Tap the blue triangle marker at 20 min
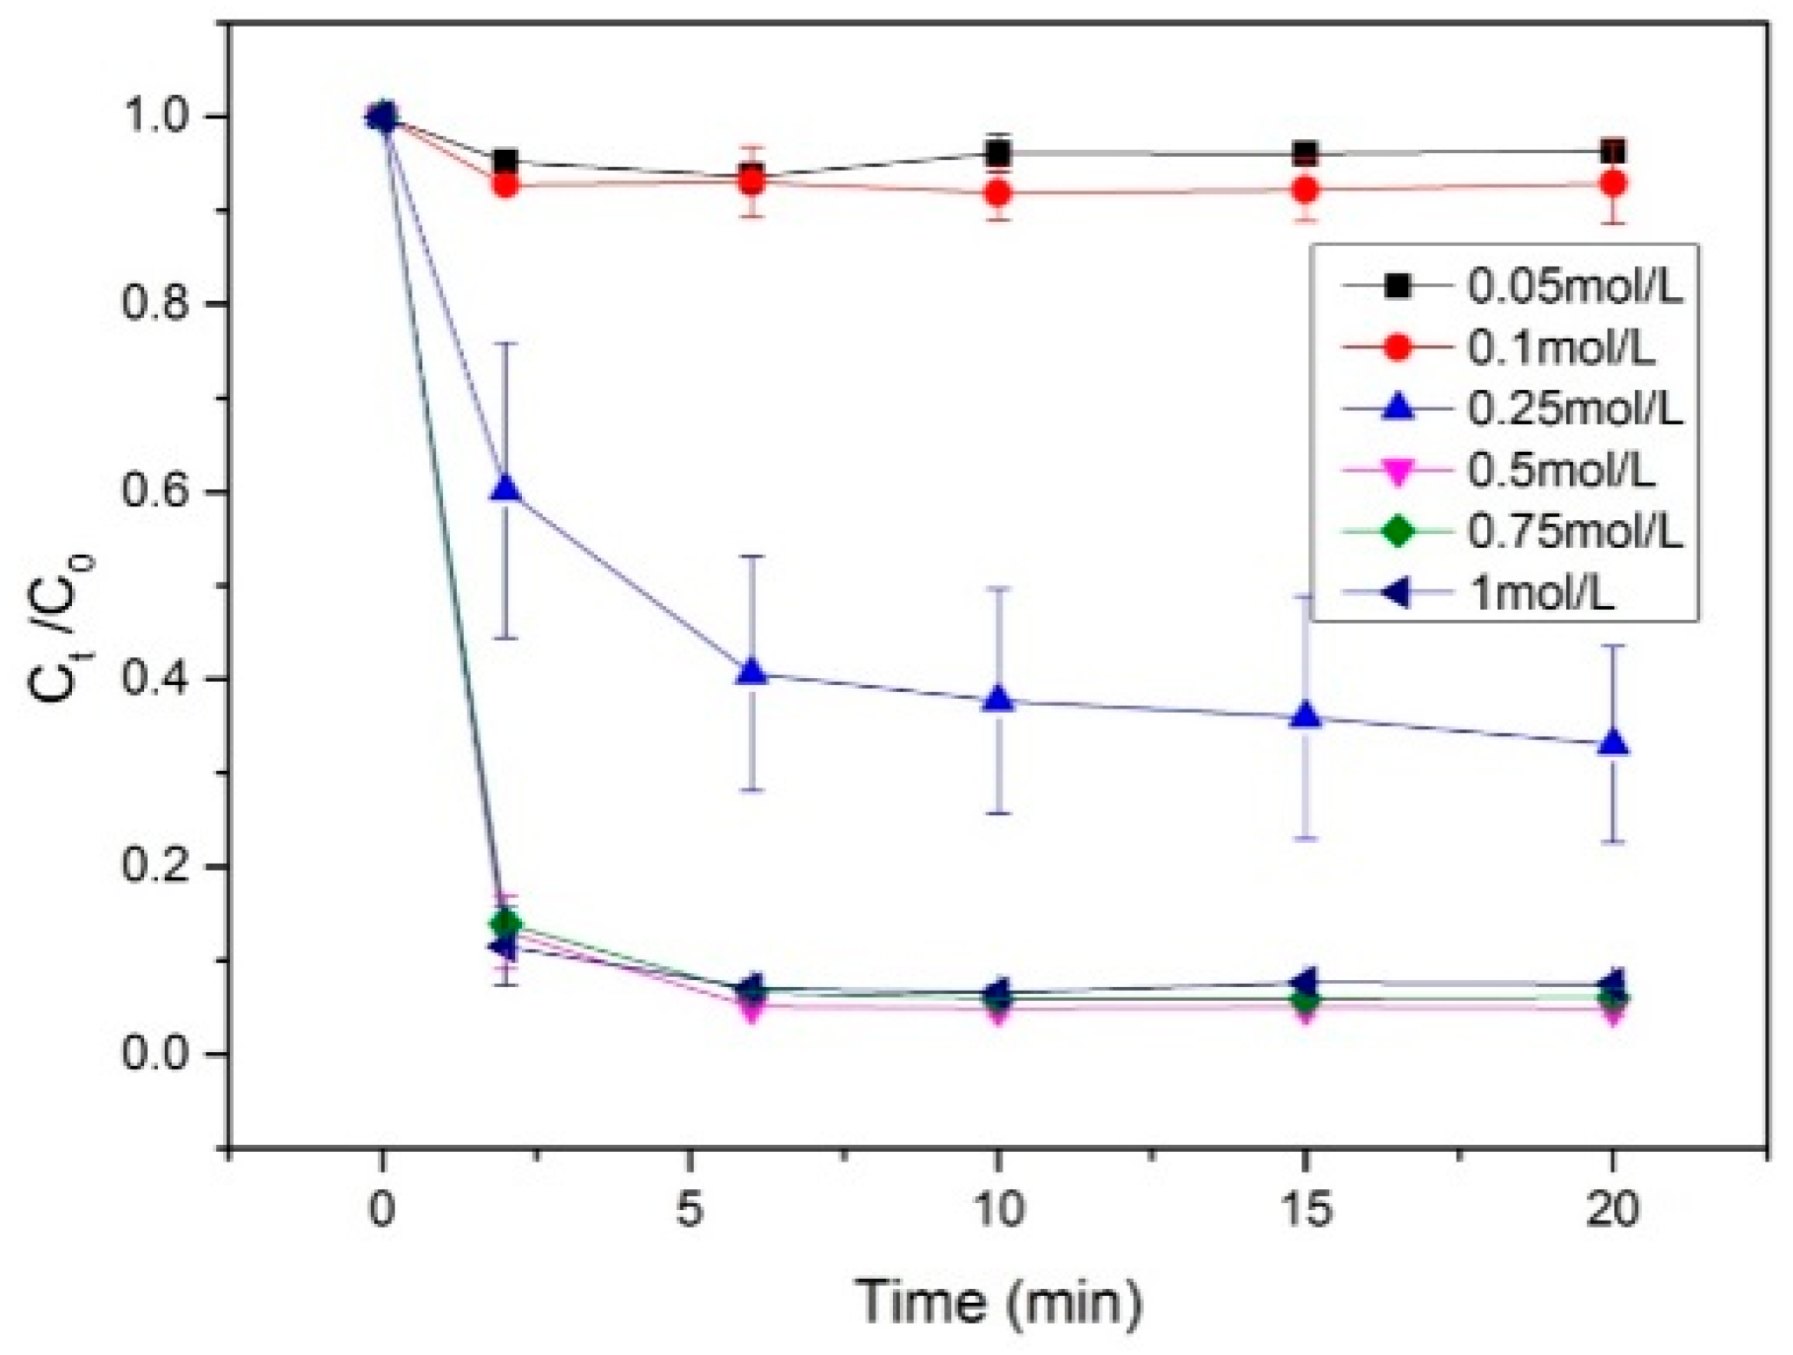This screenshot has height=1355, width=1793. [1612, 744]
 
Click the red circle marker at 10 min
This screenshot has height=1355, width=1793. [998, 192]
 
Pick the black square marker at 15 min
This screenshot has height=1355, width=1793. [1306, 154]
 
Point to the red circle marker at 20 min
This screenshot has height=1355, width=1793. [1612, 184]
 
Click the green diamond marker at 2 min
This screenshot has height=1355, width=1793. [506, 924]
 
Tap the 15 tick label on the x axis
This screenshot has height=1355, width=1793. [1306, 1209]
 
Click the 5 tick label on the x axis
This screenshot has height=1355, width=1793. [690, 1209]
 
